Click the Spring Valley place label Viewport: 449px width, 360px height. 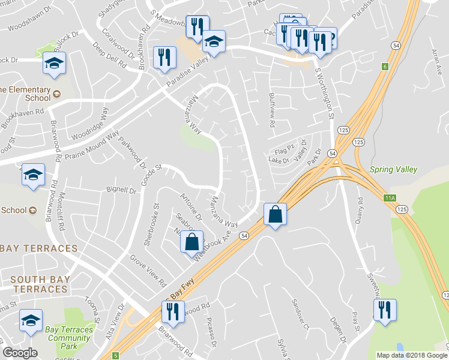pyautogui.click(x=394, y=169)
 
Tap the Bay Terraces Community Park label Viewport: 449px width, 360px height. pyautogui.click(x=70, y=338)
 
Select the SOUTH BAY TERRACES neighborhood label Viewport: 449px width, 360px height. pyautogui.click(x=40, y=284)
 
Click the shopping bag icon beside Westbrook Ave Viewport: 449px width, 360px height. pyautogui.click(x=191, y=242)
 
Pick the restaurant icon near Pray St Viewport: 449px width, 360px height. pyautogui.click(x=382, y=310)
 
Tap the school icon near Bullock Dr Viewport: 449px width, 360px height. pyautogui.click(x=54, y=63)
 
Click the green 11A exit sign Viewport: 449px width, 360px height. pyautogui.click(x=390, y=198)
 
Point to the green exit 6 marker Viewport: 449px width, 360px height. pyautogui.click(x=384, y=67)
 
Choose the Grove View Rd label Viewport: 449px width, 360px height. pyautogui.click(x=148, y=269)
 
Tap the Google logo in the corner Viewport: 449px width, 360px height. pyautogui.click(x=20, y=353)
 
